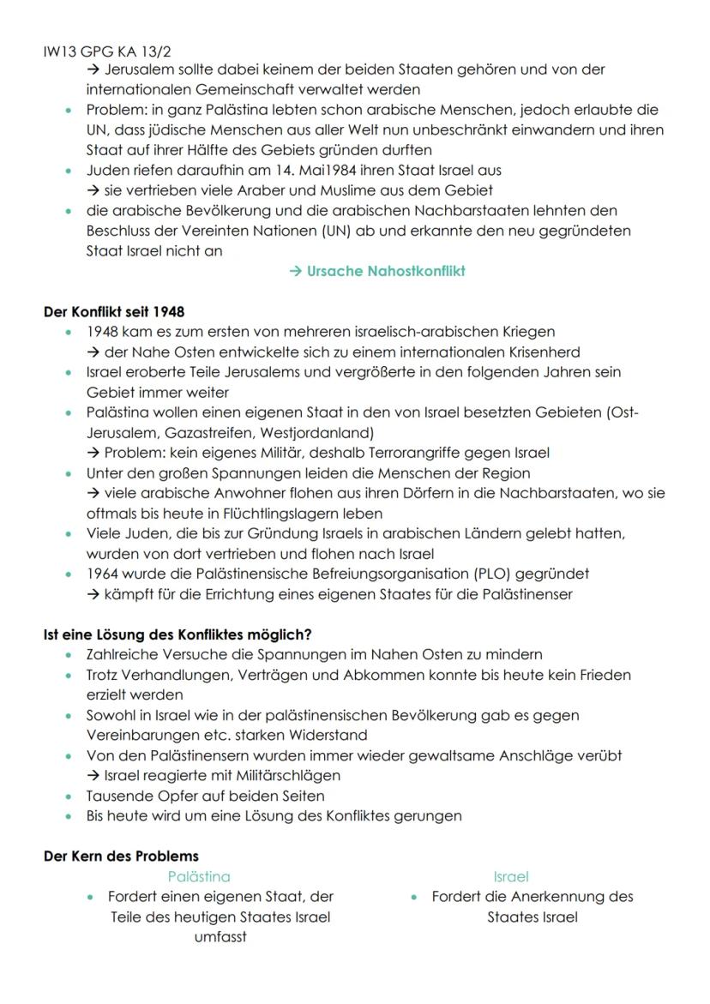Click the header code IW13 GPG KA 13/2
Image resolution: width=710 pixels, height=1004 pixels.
pyautogui.click(x=100, y=52)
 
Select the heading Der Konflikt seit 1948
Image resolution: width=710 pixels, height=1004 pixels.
pyautogui.click(x=113, y=311)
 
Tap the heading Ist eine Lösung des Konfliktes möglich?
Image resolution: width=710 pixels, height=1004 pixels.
pyautogui.click(x=177, y=634)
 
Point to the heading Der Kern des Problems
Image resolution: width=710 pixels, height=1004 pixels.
pyautogui.click(x=121, y=857)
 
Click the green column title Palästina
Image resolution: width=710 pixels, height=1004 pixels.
pyautogui.click(x=199, y=876)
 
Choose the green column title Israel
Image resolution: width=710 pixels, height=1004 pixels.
pyautogui.click(x=511, y=876)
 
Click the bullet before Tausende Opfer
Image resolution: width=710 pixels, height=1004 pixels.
pyautogui.click(x=69, y=797)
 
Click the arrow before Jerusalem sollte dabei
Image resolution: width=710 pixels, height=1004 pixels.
pyautogui.click(x=93, y=70)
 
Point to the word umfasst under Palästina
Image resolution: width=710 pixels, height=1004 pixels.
pyautogui.click(x=220, y=937)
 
